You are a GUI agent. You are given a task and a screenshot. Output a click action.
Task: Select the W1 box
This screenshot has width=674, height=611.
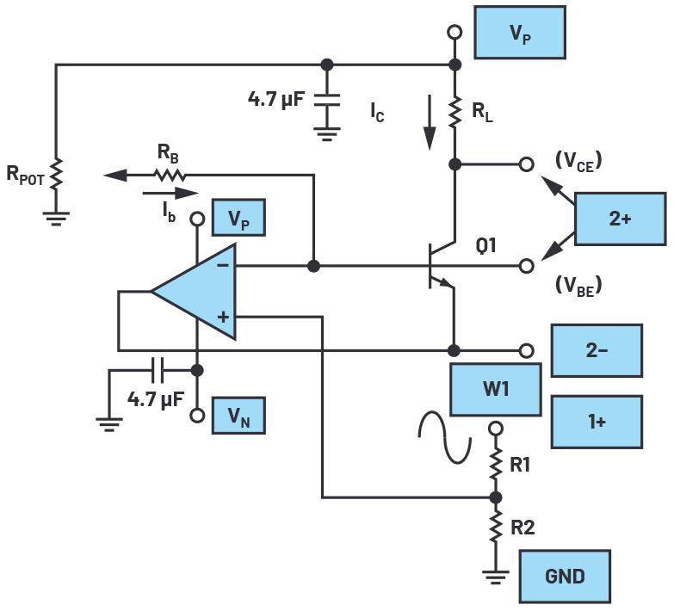495,390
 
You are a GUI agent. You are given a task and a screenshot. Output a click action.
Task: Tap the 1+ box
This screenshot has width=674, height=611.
596,422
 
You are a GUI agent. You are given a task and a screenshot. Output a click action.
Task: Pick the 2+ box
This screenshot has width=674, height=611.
620,219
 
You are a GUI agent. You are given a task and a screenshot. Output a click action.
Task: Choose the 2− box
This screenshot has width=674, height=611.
596,350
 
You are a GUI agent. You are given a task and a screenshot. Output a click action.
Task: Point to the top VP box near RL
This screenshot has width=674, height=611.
519,34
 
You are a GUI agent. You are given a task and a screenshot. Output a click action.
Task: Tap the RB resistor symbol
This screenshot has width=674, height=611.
170,175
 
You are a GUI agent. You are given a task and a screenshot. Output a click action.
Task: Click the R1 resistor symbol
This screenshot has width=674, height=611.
495,466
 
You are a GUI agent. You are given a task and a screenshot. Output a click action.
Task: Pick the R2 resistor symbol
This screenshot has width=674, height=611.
495,527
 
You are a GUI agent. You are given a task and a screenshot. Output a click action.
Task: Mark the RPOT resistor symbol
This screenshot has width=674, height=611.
56,176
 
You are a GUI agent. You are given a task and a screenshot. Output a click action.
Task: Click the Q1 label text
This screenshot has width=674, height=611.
486,245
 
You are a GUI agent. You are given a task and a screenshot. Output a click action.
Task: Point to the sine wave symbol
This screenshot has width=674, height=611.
445,437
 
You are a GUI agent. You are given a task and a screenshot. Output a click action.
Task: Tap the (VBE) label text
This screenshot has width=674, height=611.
578,286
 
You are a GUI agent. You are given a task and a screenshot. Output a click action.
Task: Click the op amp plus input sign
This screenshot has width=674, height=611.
223,317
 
